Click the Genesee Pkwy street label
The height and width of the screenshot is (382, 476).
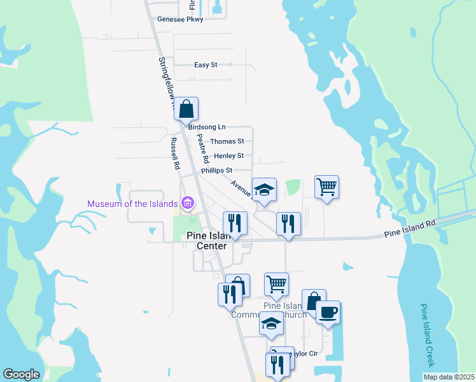click(180, 20)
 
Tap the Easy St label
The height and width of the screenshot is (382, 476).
click(206, 65)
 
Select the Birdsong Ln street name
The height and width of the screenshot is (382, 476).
click(207, 127)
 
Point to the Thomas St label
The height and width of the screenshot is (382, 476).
click(227, 141)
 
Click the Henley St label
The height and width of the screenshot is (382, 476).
click(228, 156)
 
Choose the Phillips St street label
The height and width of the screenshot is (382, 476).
click(216, 171)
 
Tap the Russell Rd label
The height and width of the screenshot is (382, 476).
click(174, 153)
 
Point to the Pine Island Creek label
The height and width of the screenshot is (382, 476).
click(427, 335)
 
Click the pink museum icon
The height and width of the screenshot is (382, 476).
click(187, 204)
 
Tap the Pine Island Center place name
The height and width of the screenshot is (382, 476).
click(207, 241)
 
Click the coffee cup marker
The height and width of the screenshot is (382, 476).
click(328, 312)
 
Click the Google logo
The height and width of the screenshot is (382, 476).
click(21, 374)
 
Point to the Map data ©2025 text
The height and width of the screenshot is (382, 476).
click(449, 377)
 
